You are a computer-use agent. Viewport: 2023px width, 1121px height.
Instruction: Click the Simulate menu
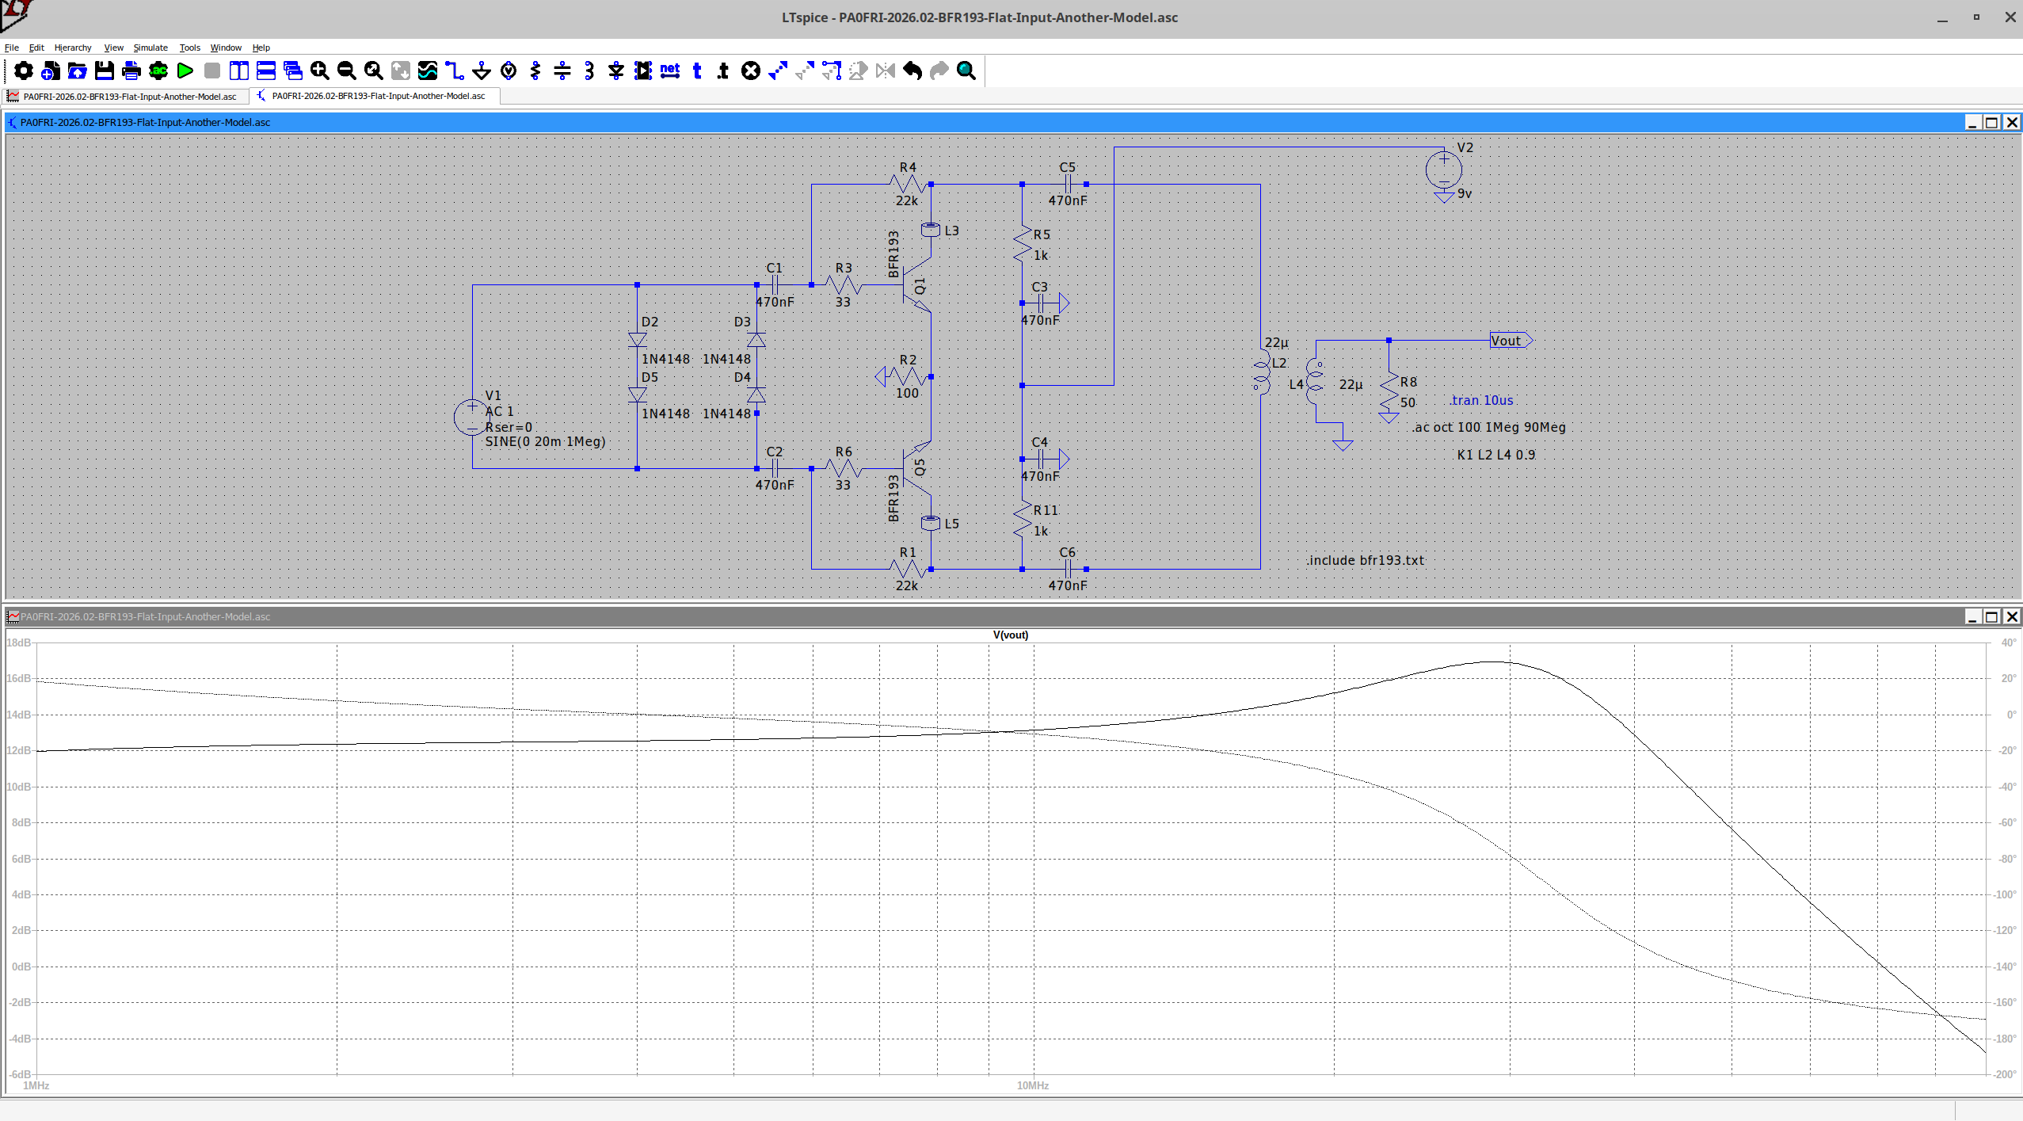coord(150,48)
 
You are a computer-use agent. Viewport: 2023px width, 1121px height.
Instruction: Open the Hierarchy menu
coord(73,48)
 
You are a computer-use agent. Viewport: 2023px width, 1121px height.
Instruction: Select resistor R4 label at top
coord(908,167)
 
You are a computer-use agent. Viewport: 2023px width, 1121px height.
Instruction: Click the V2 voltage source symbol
coord(1443,170)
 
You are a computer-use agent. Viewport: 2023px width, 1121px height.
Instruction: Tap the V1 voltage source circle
coord(471,417)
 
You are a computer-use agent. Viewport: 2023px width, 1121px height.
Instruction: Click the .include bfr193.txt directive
coord(1366,560)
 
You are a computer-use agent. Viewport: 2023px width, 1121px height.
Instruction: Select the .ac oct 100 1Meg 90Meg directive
coord(1488,427)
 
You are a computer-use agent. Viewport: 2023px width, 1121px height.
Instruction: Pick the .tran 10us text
coord(1481,400)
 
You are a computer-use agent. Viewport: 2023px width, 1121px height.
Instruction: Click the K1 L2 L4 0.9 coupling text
coord(1495,455)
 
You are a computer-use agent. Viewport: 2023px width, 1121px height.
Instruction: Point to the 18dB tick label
coord(18,642)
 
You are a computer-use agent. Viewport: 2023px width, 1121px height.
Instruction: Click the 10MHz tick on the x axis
coord(1032,1085)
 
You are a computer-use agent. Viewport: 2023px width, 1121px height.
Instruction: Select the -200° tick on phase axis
coord(2005,1074)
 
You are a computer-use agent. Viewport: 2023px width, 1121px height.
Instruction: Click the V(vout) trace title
coord(1011,635)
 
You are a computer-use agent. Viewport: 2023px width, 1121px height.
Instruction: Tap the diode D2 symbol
coord(637,340)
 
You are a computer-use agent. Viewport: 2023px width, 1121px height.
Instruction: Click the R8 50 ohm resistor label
coord(1408,382)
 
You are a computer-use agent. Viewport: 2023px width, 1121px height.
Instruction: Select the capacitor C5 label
coord(1067,167)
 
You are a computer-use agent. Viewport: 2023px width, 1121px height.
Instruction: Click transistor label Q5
coord(920,467)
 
